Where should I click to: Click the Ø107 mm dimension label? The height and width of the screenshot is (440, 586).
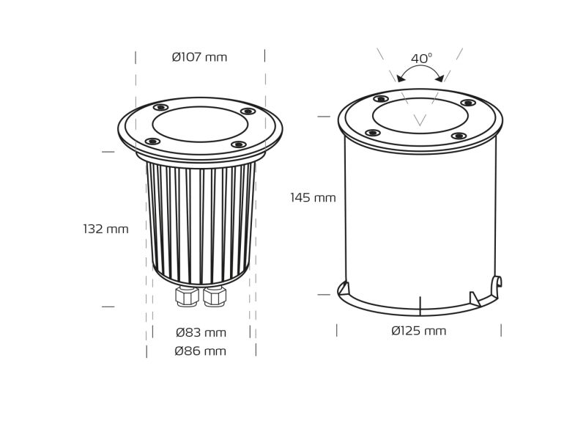click(199, 57)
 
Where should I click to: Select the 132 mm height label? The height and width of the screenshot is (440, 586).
click(105, 229)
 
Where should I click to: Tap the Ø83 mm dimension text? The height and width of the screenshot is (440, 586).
click(201, 332)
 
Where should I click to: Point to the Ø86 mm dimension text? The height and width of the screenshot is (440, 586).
click(200, 351)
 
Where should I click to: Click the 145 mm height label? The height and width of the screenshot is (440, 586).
click(314, 197)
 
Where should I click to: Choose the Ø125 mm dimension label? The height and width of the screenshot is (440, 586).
click(419, 331)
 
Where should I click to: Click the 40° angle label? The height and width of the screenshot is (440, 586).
click(422, 59)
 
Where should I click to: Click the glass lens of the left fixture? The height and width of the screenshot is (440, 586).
click(200, 124)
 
